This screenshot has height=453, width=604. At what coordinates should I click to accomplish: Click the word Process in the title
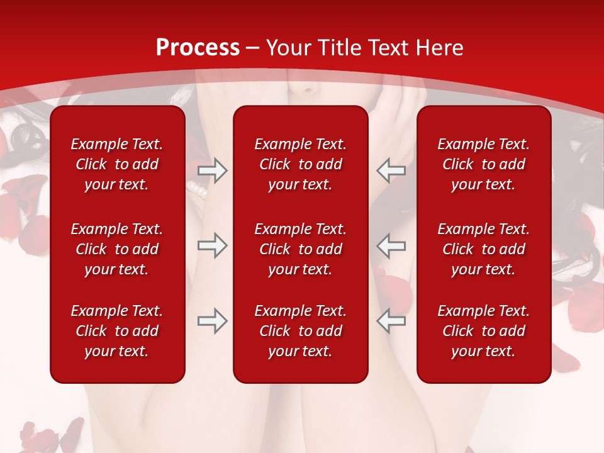point(198,48)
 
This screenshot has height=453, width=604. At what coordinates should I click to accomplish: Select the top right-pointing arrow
point(213,171)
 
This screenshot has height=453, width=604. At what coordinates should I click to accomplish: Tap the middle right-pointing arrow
point(213,245)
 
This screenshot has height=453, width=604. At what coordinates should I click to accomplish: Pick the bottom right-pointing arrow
point(213,321)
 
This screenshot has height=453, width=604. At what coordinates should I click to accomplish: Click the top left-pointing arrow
point(391,171)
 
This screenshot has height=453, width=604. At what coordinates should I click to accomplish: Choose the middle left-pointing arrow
point(391,245)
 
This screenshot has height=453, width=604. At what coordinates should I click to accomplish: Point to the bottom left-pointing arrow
point(391,321)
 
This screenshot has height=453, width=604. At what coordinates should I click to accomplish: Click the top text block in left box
point(117,164)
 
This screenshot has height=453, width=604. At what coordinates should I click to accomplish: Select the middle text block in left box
point(117,249)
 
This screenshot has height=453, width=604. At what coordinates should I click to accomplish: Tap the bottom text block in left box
point(117,331)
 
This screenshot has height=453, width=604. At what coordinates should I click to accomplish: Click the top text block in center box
point(300,164)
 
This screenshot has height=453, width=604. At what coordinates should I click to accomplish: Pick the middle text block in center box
point(300,249)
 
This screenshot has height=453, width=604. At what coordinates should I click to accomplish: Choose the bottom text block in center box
point(300,331)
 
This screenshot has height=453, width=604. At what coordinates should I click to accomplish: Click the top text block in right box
point(483,164)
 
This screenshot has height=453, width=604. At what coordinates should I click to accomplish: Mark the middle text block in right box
point(483,249)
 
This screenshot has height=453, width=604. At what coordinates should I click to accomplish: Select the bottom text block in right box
point(483,331)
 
